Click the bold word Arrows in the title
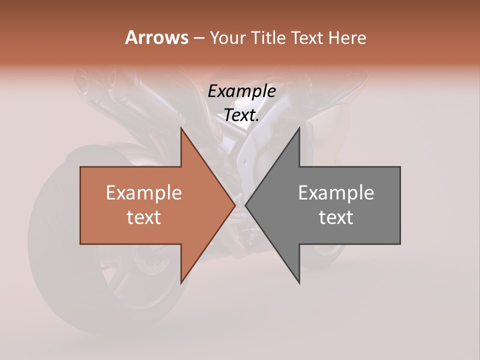[156, 37]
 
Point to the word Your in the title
[227, 37]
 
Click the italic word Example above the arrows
[241, 91]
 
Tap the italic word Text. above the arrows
[241, 115]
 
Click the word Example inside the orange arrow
[144, 193]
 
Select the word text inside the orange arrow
[144, 217]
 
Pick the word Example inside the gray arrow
[336, 193]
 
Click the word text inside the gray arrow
[336, 217]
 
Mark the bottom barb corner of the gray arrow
[299, 282]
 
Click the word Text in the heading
[308, 37]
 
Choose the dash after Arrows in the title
[198, 38]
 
